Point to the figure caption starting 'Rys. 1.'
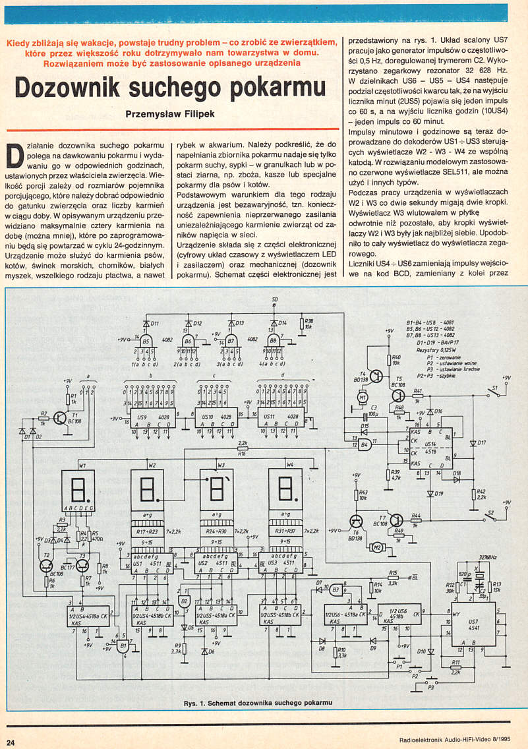tap(258, 702)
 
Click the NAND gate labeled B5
tap(146, 342)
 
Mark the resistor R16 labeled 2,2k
tap(243, 451)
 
